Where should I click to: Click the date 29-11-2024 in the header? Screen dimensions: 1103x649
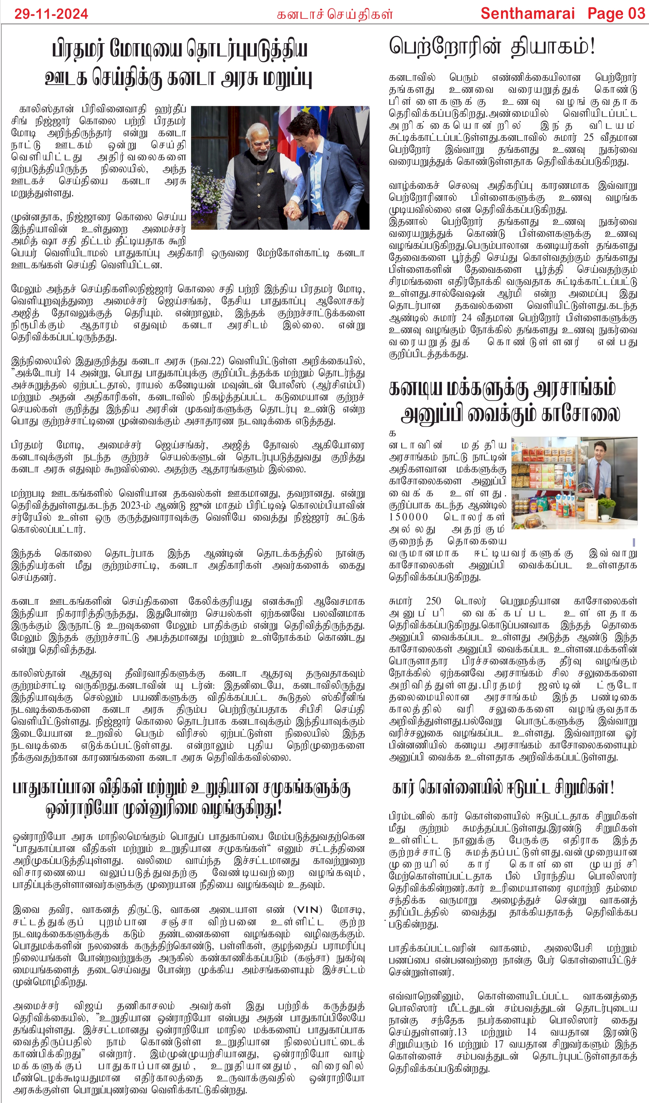51,14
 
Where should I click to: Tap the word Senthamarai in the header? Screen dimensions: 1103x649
527,14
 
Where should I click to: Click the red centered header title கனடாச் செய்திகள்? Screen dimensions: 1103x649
335,15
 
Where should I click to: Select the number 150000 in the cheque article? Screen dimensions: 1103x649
409,517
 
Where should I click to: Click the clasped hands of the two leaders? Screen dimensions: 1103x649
293,212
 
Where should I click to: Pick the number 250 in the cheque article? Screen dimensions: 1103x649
433,601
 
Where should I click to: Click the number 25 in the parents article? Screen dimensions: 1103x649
588,138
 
